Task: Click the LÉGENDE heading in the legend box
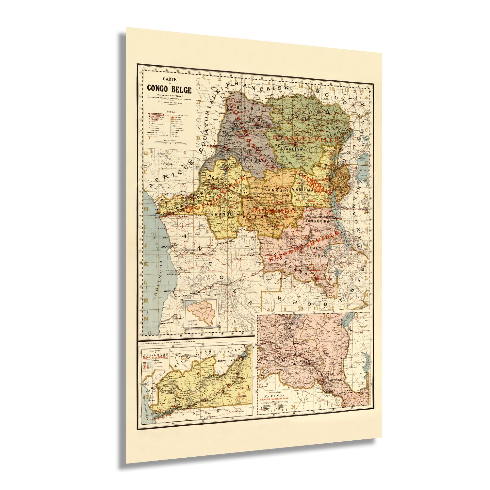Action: [169, 111]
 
